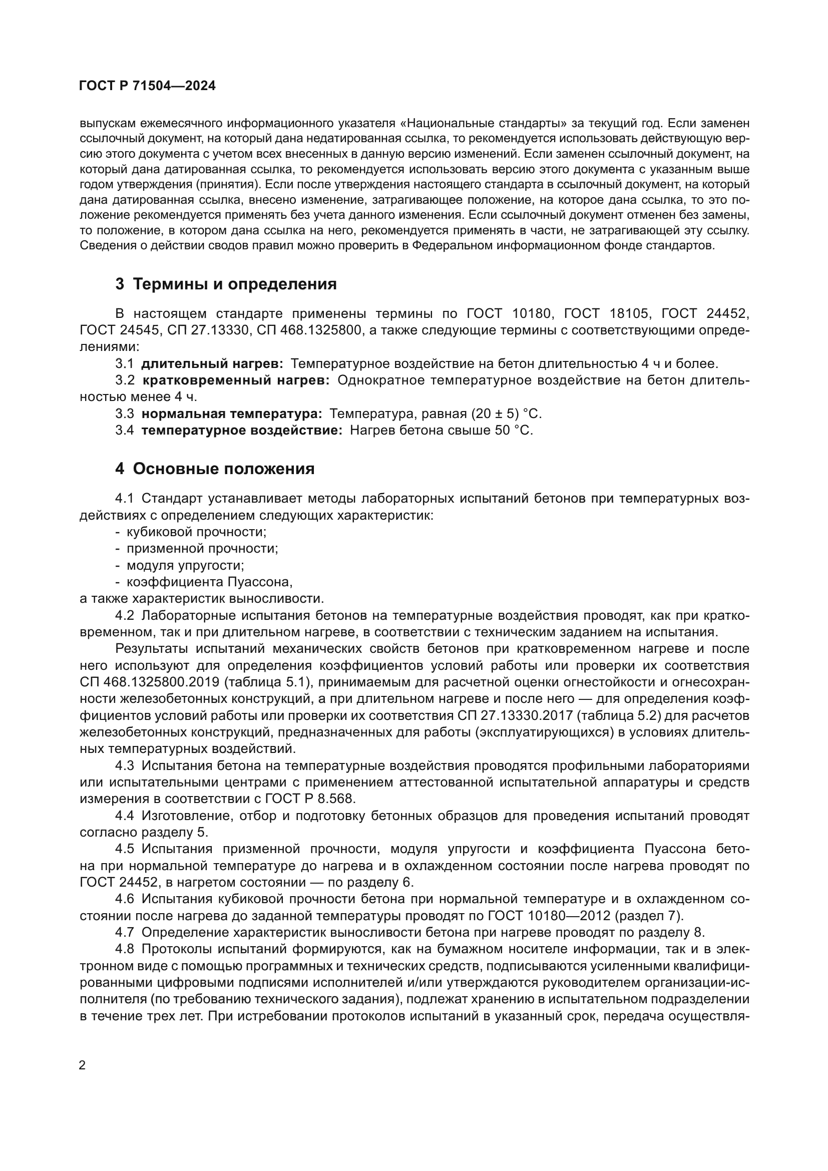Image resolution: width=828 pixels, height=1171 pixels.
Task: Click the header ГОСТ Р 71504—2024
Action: pyautogui.click(x=147, y=86)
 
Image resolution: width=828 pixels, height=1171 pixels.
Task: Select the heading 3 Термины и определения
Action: pyautogui.click(x=226, y=284)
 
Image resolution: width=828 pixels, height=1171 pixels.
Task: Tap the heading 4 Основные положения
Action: pyautogui.click(x=215, y=469)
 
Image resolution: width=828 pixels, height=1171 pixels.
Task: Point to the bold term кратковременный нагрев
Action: pyautogui.click(x=236, y=380)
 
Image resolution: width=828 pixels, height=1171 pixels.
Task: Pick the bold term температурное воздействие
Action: pyautogui.click(x=242, y=431)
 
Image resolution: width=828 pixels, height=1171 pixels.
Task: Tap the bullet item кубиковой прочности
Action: pyautogui.click(x=196, y=532)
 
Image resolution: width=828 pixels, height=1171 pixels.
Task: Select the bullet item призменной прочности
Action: pyautogui.click(x=202, y=549)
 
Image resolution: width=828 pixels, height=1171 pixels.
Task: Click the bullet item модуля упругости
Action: pyautogui.click(x=185, y=566)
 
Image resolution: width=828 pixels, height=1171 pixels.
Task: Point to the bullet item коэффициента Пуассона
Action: pyautogui.click(x=209, y=582)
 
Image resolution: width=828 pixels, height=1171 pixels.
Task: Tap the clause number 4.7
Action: pyautogui.click(x=125, y=933)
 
